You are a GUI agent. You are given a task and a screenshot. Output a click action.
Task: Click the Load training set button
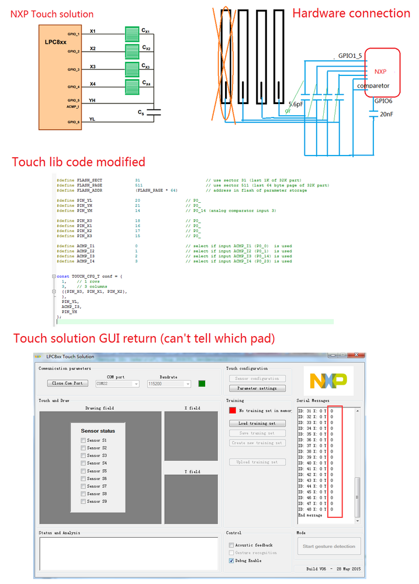pyautogui.click(x=257, y=423)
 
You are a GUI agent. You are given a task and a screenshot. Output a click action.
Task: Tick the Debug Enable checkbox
pyautogui.click(x=231, y=561)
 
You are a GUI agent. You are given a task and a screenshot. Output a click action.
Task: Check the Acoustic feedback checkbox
pyautogui.click(x=231, y=545)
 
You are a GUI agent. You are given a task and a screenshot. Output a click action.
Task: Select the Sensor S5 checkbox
pyautogui.click(x=84, y=471)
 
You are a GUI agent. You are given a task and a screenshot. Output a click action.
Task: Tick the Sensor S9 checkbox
pyautogui.click(x=84, y=501)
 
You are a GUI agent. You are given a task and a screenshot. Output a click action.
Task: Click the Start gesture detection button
pyautogui.click(x=329, y=546)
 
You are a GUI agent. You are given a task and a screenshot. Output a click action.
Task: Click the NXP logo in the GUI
pyautogui.click(x=328, y=381)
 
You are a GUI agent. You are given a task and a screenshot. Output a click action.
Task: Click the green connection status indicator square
pyautogui.click(x=202, y=383)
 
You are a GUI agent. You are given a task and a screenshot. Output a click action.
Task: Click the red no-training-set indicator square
pyautogui.click(x=233, y=410)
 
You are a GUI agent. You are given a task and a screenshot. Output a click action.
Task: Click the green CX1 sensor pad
pyautogui.click(x=132, y=33)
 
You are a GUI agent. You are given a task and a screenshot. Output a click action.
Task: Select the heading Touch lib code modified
pyautogui.click(x=78, y=161)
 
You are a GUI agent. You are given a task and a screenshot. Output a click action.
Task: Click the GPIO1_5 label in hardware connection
pyautogui.click(x=354, y=57)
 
